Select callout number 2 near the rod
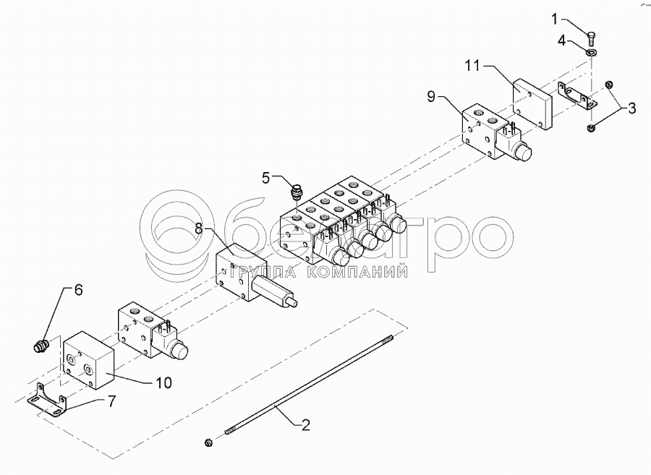click(305, 425)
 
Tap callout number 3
click(631, 108)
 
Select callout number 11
click(472, 66)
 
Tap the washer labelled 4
click(591, 52)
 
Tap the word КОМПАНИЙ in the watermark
click(357, 272)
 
